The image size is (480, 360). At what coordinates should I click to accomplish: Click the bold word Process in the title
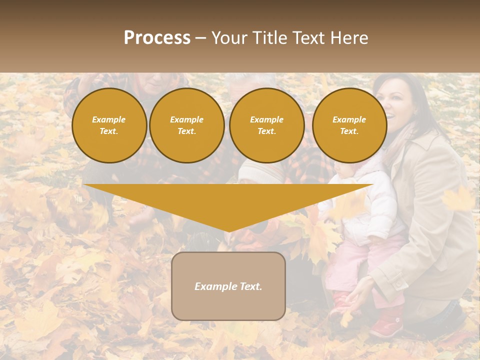pyautogui.click(x=157, y=38)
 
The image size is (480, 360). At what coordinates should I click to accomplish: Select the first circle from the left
pyautogui.click(x=109, y=125)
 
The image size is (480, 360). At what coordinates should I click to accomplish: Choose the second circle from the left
pyautogui.click(x=187, y=125)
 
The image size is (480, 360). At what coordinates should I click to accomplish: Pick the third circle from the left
pyautogui.click(x=267, y=125)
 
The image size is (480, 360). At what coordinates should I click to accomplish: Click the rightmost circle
pyautogui.click(x=349, y=125)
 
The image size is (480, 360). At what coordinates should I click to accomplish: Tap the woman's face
pyautogui.click(x=395, y=102)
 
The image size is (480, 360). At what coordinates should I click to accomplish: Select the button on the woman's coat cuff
pyautogui.click(x=399, y=284)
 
